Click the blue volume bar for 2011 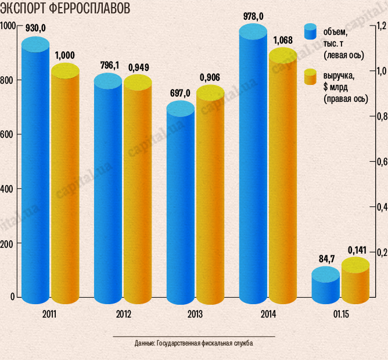tap(35, 174)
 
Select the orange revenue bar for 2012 tap(137, 192)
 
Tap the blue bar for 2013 tap(181, 204)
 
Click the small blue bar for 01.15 tap(325, 285)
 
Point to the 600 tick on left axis tap(7, 134)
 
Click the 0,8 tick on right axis tap(381, 116)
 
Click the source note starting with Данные tap(193, 344)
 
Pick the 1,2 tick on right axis tap(381, 26)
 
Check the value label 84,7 tap(326, 259)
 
